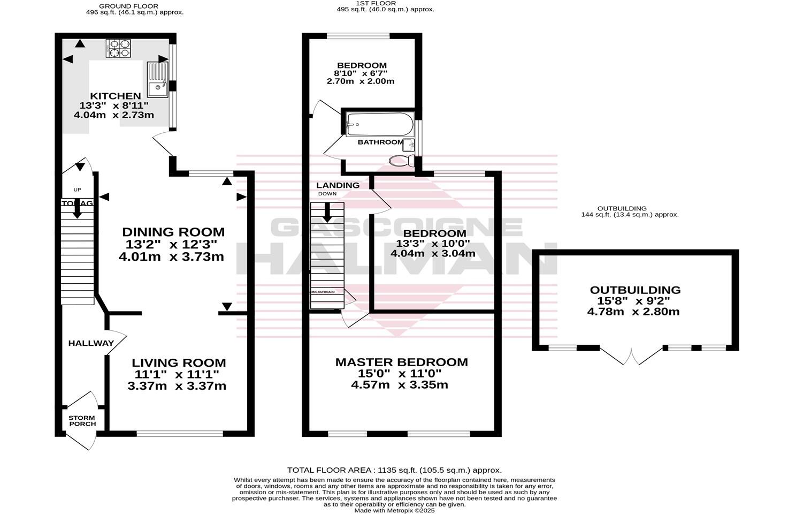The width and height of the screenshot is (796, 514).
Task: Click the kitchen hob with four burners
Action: click(119, 48)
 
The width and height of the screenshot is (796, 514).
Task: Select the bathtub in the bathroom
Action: click(379, 125)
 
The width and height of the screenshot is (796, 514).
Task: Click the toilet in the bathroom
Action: click(401, 161)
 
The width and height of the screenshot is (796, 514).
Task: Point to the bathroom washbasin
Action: click(409, 144)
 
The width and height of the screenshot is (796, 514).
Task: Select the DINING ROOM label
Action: click(173, 232)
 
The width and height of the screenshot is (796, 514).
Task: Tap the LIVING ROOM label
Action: click(179, 362)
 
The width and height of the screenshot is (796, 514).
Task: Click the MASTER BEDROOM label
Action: click(401, 362)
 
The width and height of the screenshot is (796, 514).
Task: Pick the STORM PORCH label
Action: click(82, 421)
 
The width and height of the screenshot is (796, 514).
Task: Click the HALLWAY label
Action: click(91, 343)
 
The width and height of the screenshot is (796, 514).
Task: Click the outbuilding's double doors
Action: click(632, 356)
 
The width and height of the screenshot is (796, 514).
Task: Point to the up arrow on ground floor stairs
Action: click(77, 207)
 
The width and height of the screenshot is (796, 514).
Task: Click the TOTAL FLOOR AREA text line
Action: click(394, 470)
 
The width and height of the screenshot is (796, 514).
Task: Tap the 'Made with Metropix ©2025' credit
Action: click(394, 510)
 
